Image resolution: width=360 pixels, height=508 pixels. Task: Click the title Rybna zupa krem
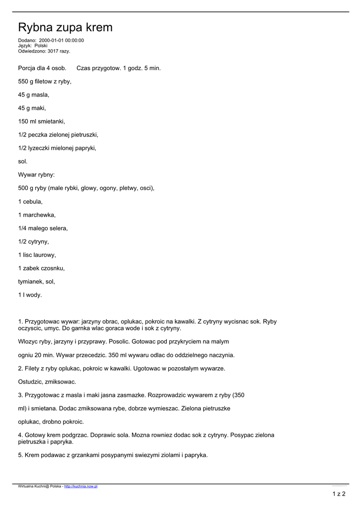tap(65, 28)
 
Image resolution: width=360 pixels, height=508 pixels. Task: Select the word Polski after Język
tap(41, 46)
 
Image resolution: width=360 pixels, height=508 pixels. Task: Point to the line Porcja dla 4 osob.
tap(42, 68)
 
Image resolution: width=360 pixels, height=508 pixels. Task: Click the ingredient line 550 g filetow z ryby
tap(45, 81)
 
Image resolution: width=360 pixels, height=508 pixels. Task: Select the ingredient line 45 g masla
tap(34, 95)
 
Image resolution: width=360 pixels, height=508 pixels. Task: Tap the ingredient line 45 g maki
tap(32, 108)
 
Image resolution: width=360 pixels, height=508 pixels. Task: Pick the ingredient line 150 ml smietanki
tap(42, 122)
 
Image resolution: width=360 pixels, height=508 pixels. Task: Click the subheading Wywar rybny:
tap(36, 175)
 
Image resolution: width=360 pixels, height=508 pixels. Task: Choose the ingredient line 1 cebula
tap(30, 202)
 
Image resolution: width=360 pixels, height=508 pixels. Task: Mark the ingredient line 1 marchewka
tap(37, 215)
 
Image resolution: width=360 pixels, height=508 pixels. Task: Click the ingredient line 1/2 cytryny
tap(33, 242)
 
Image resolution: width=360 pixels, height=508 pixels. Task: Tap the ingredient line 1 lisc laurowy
tap(37, 255)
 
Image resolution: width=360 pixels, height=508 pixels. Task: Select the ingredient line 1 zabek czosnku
tap(41, 269)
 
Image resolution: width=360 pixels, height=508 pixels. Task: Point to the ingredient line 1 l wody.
tap(30, 296)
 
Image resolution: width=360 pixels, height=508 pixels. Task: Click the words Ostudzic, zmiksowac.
tap(47, 382)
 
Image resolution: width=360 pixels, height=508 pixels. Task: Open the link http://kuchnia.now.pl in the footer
tap(81, 487)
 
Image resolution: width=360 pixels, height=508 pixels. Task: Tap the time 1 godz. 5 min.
tap(142, 68)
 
